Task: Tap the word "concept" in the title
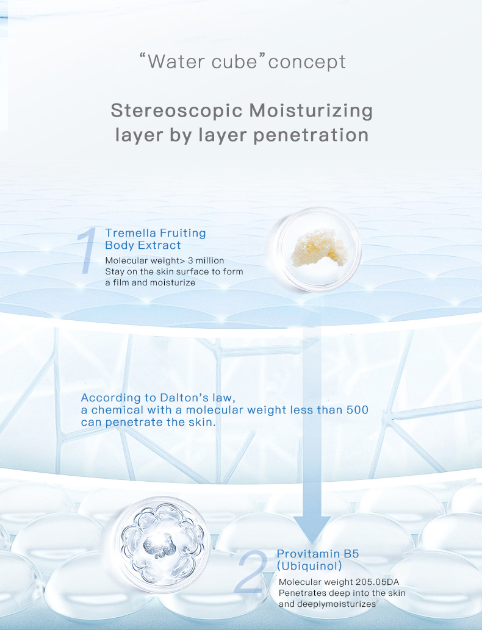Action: click(307, 62)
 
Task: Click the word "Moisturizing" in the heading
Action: click(311, 111)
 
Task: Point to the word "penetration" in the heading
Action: click(311, 135)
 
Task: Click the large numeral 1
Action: click(87, 251)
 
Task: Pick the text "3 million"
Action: click(206, 260)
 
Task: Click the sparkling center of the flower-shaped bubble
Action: click(160, 543)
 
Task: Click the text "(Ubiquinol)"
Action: click(309, 566)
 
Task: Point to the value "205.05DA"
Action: click(378, 582)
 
